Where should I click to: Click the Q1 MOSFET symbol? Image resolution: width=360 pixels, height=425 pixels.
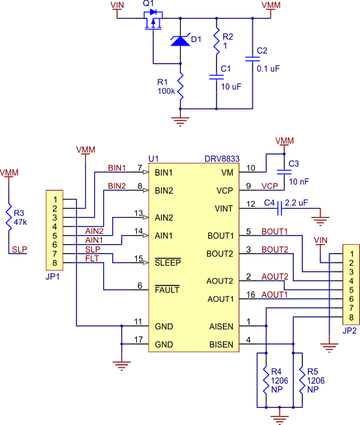pos(153,23)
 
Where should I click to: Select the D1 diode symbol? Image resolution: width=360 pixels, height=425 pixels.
pos(180,41)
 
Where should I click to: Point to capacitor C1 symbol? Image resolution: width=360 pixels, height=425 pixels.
pos(216,78)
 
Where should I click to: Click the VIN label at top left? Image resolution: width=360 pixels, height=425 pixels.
pos(118,6)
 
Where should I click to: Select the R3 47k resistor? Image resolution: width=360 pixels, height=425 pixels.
pos(10,217)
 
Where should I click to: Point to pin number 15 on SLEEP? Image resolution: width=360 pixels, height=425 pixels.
pos(137,259)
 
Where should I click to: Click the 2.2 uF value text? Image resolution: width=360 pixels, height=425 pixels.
pos(297,202)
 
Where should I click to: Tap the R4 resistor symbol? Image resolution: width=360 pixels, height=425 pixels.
pos(266,381)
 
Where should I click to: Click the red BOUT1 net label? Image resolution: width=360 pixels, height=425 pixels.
pos(274,231)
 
